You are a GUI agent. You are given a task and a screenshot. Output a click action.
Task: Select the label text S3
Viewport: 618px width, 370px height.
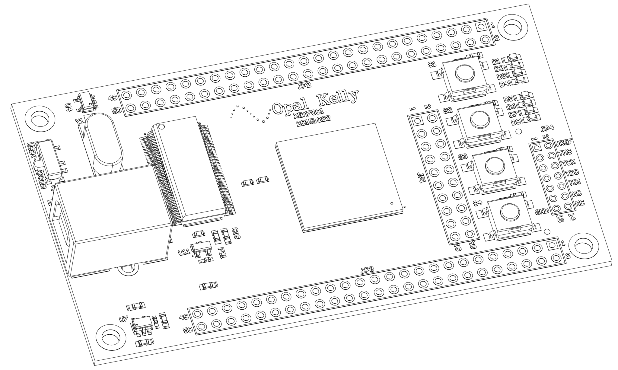463,157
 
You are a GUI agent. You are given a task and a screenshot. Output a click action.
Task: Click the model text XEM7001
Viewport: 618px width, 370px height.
309,114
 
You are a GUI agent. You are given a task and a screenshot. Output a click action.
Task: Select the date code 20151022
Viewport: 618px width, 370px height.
313,122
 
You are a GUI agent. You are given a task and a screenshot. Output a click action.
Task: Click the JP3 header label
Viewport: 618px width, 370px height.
368,270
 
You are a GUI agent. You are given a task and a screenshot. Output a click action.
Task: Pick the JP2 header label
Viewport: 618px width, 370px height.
304,86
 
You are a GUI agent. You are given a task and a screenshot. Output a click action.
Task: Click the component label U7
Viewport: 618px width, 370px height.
123,319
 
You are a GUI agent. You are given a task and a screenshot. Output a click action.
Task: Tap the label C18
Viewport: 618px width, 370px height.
236,233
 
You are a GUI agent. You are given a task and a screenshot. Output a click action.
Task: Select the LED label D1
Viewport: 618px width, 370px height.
496,62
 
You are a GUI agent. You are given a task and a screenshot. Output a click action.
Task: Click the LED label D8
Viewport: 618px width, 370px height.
516,122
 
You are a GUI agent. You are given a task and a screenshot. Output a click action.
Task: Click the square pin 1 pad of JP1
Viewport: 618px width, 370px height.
418,121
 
